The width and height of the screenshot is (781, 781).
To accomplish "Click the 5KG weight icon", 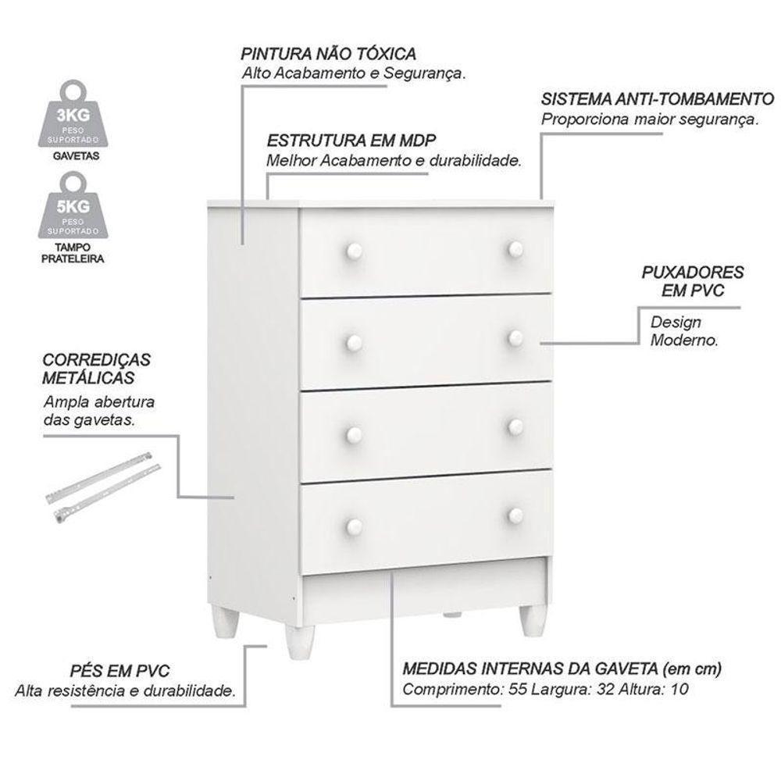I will [x=73, y=210].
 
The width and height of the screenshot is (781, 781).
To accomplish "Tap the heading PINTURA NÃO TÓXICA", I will [x=328, y=55].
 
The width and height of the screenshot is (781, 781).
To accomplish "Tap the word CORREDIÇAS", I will [x=97, y=361].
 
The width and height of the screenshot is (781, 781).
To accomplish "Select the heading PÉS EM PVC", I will [x=119, y=672].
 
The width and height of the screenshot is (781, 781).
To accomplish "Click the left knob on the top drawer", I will [x=353, y=251].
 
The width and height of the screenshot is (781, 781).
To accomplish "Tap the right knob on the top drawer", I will [x=515, y=248].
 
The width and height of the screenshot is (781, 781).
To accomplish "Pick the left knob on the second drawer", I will [x=353, y=341].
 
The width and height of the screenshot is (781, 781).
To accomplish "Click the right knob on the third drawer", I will [x=515, y=426].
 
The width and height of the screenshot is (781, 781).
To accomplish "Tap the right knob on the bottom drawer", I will [x=515, y=515].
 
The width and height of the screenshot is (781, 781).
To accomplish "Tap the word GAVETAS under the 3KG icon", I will [x=73, y=155].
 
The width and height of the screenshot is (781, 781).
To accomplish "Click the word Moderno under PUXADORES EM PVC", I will [x=684, y=341].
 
